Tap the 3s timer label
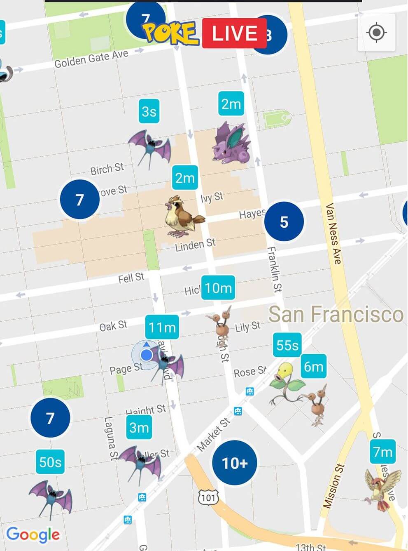click(149, 111)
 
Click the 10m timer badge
click(218, 288)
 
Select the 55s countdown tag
click(287, 345)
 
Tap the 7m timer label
click(382, 452)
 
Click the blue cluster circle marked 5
click(284, 222)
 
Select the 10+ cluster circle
click(235, 463)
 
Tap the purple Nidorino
click(231, 143)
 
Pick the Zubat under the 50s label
click(51, 497)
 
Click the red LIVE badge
click(234, 33)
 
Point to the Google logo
click(33, 535)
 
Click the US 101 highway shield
click(208, 497)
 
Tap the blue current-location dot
click(146, 355)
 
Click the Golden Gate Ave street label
click(91, 59)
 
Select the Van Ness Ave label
click(333, 233)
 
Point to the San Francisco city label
click(336, 314)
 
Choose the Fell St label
click(131, 278)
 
